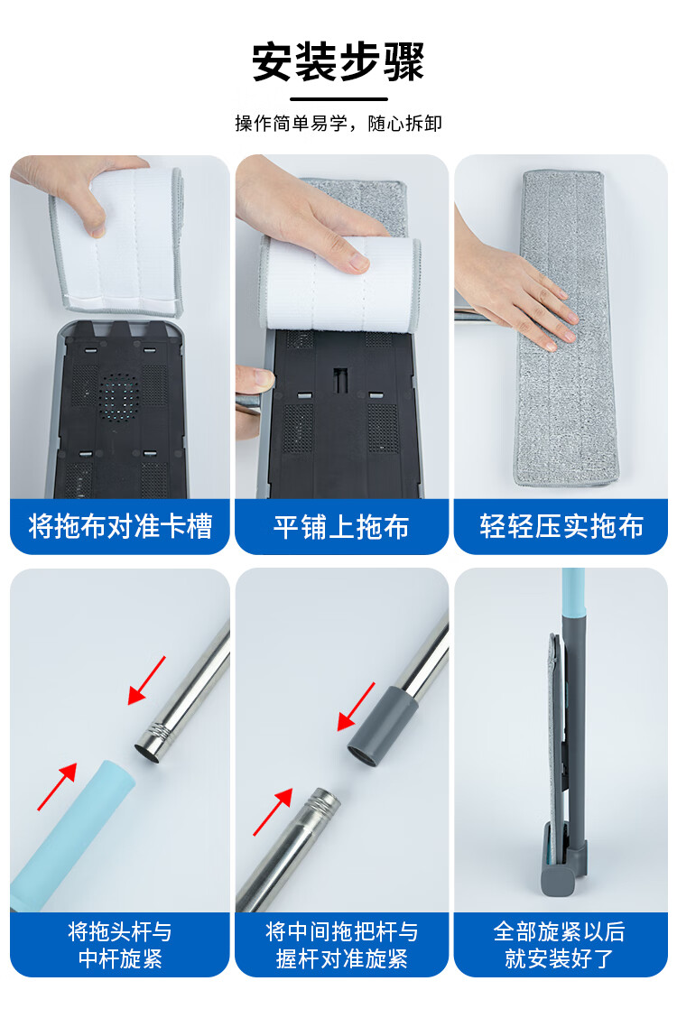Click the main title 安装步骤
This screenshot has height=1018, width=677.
(x=338, y=61)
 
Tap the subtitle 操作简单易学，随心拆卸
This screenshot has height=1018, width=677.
(x=338, y=124)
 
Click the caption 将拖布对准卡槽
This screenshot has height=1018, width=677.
(x=120, y=526)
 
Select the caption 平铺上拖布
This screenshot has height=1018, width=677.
(x=341, y=527)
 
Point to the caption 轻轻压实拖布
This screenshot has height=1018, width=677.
(x=561, y=526)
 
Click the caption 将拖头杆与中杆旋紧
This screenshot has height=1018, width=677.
(x=120, y=945)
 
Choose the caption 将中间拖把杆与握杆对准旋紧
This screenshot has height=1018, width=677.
(x=342, y=945)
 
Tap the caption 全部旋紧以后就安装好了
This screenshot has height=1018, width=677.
(x=560, y=945)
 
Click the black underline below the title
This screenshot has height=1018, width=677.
(x=338, y=99)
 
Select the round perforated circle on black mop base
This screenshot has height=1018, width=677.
(x=119, y=393)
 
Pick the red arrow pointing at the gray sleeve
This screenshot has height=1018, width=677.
(x=356, y=707)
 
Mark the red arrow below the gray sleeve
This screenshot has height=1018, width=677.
(x=273, y=811)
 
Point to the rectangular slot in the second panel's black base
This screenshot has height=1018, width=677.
(x=340, y=381)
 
